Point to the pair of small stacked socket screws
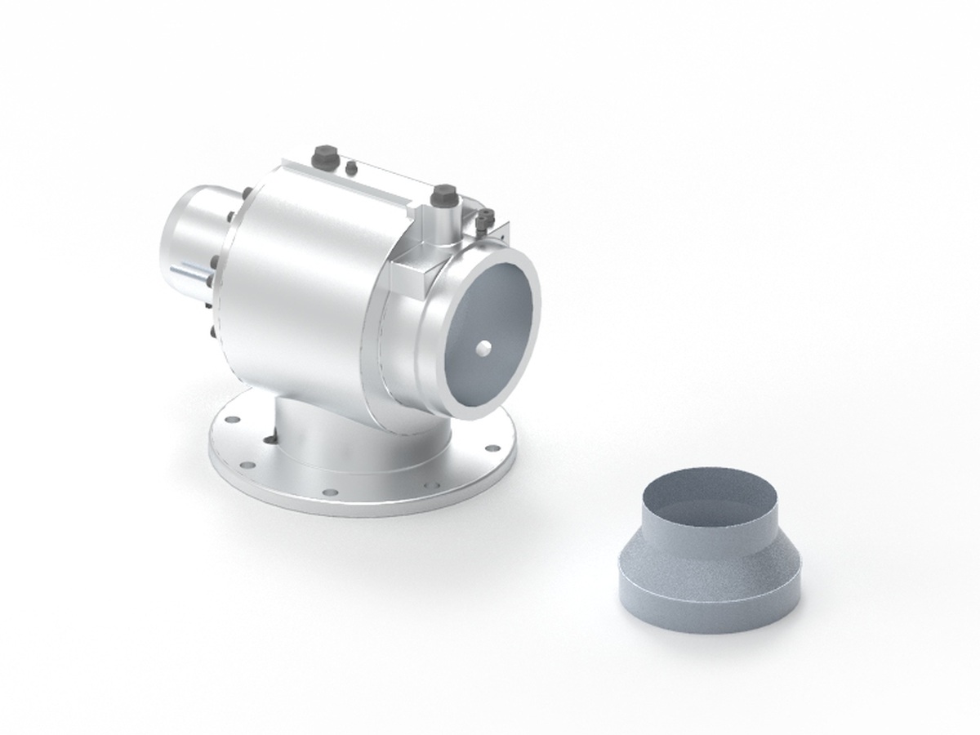tap(487, 217)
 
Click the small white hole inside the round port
tap(485, 348)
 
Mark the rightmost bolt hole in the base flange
tap(492, 448)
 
